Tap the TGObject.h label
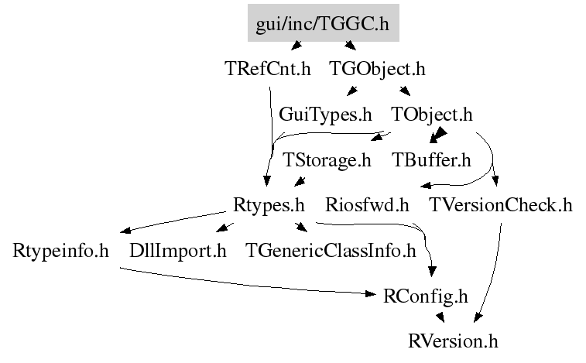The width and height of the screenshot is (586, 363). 377,69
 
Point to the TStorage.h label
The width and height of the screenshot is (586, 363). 327,160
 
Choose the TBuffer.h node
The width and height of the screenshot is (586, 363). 431,160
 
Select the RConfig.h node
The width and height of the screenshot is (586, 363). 426,296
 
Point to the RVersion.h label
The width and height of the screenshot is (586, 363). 454,341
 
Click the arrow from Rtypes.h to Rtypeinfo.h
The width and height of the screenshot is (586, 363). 174,222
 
